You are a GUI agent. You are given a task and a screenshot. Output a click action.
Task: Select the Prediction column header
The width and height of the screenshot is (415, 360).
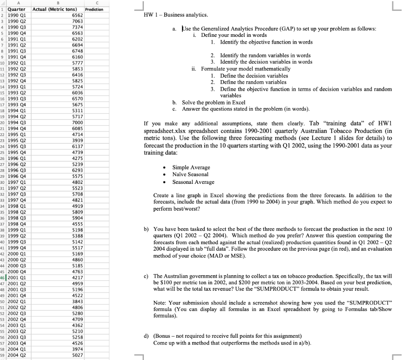tap(94, 9)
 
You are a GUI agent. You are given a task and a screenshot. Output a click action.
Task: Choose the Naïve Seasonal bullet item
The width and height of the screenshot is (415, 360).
tap(190, 175)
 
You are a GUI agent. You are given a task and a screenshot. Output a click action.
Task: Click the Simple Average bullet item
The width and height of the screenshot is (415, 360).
tap(191, 168)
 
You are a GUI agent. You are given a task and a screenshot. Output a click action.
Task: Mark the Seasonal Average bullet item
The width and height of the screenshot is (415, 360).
tap(193, 182)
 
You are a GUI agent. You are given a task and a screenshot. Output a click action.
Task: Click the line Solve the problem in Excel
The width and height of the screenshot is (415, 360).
tap(214, 102)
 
